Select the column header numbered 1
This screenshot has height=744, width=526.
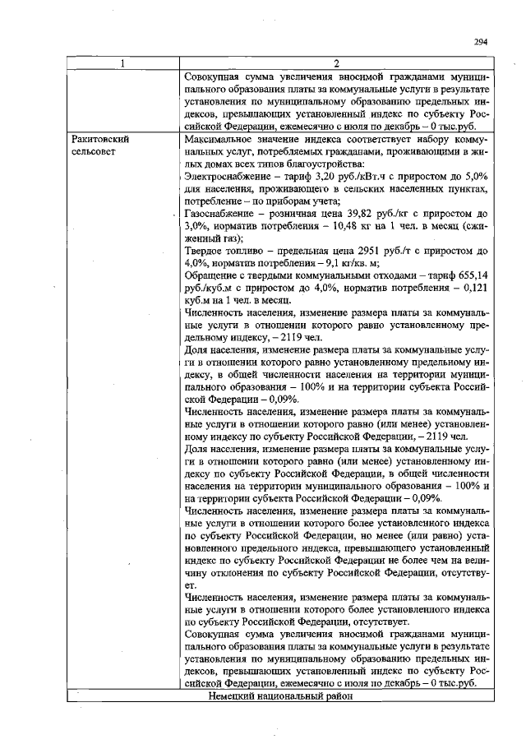pos(124,64)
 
